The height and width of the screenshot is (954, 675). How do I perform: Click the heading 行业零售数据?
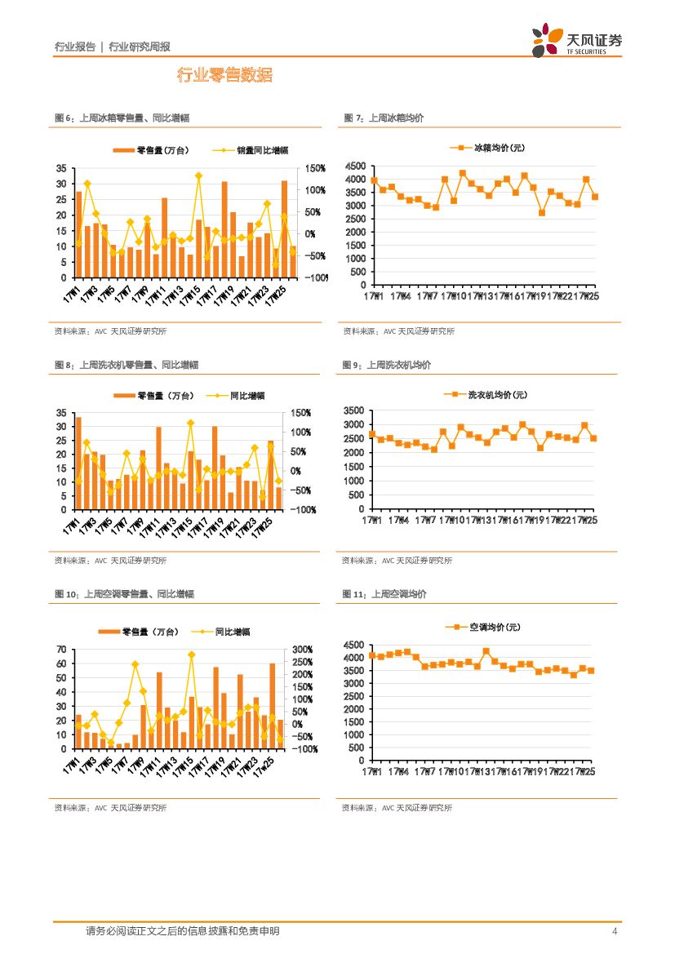click(x=224, y=76)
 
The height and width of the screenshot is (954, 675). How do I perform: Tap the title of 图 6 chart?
click(x=122, y=118)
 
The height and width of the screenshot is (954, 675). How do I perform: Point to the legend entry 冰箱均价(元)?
click(x=487, y=148)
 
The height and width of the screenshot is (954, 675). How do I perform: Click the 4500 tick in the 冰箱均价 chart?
click(x=355, y=166)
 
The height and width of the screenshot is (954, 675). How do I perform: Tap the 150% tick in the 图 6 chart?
click(x=316, y=168)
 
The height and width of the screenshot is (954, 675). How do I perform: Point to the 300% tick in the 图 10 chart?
click(x=303, y=650)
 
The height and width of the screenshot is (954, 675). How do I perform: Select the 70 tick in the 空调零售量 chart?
click(x=61, y=650)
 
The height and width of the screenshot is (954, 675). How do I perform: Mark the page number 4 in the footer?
click(x=614, y=931)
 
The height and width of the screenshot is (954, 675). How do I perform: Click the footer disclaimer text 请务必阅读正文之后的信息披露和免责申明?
click(x=182, y=931)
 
